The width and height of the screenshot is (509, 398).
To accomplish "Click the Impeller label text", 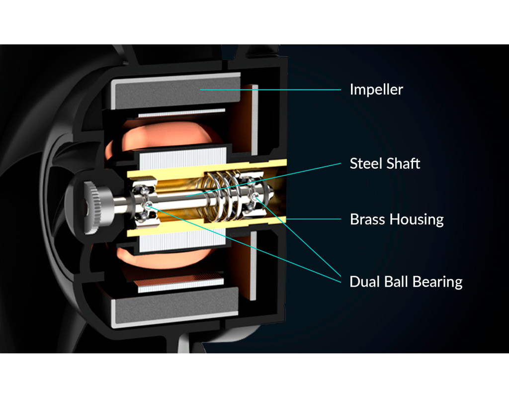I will tap(376, 90).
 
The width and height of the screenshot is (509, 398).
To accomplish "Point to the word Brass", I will tap(367, 219).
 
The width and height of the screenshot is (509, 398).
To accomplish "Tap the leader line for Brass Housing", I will tap(313, 219).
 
